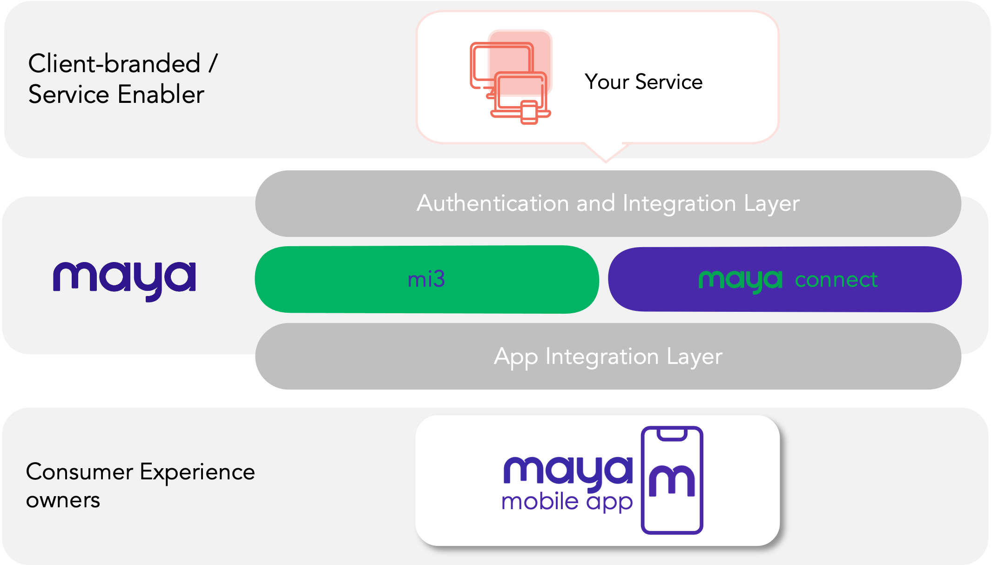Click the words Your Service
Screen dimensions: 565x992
(643, 82)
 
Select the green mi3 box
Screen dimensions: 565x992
(426, 279)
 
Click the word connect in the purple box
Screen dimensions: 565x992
(836, 280)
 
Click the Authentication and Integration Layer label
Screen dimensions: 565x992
(608, 203)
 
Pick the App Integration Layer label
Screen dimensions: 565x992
(608, 356)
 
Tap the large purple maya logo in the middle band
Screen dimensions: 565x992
(124, 279)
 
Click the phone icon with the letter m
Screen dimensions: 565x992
(672, 480)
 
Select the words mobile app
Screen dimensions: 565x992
(567, 502)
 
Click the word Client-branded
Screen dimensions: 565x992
(114, 63)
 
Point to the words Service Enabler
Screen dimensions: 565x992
(116, 94)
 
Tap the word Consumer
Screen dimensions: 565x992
(79, 472)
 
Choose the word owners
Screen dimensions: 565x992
(63, 500)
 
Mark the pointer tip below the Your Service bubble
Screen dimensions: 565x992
(606, 161)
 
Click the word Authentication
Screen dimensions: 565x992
(493, 203)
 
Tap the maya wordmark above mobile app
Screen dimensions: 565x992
(568, 471)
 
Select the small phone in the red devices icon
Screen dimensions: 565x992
(529, 113)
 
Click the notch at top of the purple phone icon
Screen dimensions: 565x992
(672, 434)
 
